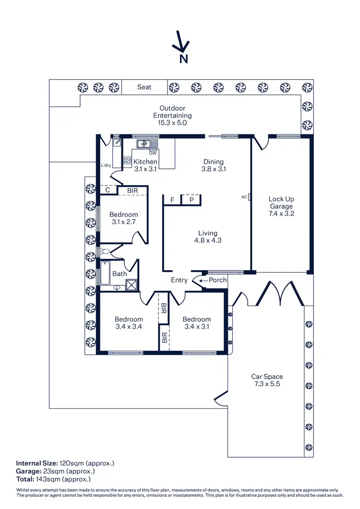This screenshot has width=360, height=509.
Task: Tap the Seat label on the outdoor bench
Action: [144, 87]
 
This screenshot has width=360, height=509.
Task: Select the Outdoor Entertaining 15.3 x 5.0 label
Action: [172, 116]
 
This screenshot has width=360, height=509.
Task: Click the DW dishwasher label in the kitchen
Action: [152, 153]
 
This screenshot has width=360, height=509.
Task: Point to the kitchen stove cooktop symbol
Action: [128, 161]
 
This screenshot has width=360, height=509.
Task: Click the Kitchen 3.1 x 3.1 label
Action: [145, 166]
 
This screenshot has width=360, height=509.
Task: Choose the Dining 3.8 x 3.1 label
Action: [214, 166]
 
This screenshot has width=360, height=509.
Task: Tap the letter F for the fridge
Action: [172, 200]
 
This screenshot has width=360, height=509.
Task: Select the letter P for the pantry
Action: [191, 200]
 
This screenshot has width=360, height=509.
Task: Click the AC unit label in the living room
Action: [244, 197]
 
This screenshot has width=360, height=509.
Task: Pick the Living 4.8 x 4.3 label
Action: [208, 237]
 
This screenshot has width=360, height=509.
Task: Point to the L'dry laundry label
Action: [106, 166]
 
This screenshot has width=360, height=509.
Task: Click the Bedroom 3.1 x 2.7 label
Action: [124, 218]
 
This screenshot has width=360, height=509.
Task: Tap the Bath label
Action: [120, 274]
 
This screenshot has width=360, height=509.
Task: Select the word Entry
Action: [179, 280]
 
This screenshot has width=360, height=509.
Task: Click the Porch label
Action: [217, 280]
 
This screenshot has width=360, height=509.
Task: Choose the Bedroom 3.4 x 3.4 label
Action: [129, 323]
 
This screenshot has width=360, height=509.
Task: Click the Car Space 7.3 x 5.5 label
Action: [267, 380]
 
